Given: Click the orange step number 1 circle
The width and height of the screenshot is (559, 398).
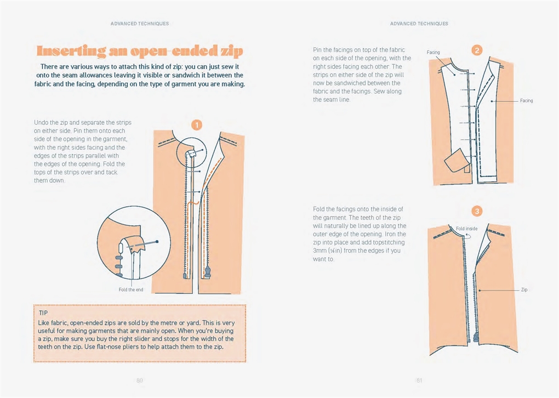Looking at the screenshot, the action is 197,125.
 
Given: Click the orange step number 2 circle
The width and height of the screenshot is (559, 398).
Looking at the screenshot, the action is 477,50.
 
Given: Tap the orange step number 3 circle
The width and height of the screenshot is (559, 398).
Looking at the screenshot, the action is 477,211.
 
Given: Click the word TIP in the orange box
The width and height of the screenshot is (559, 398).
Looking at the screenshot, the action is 43,313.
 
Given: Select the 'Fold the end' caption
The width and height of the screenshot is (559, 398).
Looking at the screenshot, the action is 131,289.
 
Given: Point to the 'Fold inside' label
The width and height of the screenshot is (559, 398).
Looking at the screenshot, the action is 467,229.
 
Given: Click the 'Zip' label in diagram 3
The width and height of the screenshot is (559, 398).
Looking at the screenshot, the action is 524,289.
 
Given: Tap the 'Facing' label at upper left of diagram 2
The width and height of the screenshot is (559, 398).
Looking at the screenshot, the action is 433,53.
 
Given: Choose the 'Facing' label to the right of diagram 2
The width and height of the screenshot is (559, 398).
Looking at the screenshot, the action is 526,100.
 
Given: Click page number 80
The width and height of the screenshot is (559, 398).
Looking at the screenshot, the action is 139,380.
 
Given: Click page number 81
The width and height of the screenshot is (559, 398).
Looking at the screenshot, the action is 419,380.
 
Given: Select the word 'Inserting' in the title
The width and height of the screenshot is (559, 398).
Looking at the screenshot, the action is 71,51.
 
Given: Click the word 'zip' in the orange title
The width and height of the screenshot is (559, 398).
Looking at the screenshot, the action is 231,52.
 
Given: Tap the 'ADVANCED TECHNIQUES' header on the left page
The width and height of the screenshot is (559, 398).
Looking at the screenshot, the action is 140,24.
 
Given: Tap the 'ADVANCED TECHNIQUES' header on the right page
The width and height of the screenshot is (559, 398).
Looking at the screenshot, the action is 419,24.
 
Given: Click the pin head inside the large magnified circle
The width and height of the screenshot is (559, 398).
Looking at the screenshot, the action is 157,241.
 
